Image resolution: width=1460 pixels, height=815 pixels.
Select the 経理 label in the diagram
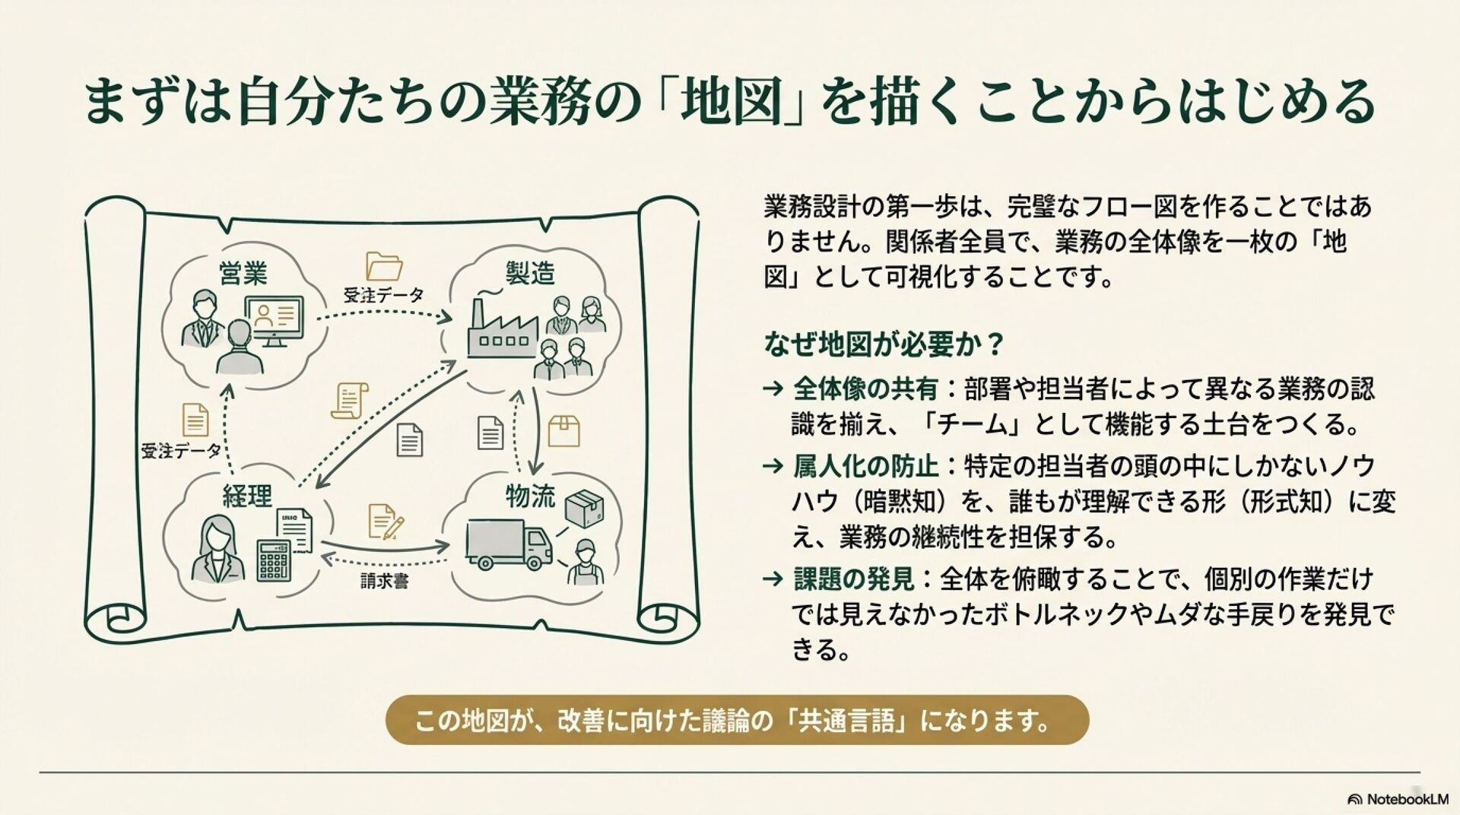point(247,496)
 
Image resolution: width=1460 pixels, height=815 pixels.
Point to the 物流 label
point(531,496)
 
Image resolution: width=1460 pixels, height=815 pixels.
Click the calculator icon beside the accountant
point(275,560)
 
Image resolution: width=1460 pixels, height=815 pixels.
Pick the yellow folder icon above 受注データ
point(384,267)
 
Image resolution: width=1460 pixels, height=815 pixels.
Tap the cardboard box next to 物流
point(585,508)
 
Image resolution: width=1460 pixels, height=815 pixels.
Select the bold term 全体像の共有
point(865,389)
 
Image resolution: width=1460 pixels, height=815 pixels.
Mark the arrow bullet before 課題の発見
point(773,579)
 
